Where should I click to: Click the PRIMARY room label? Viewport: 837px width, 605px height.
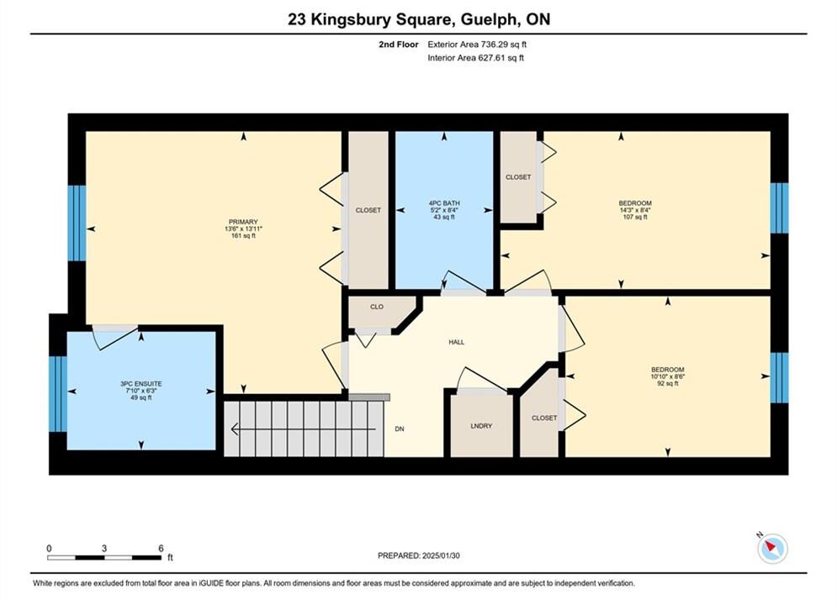point(243,222)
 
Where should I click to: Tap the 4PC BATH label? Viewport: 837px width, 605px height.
point(444,203)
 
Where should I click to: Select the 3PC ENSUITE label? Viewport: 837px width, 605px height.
point(141,384)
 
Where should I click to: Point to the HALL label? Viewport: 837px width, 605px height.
point(457,342)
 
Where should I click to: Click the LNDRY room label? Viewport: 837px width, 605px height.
point(481,426)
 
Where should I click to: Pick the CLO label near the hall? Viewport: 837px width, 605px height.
point(377,307)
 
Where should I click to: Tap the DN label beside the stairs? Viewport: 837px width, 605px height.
point(400,429)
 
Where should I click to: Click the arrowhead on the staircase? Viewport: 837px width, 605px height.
point(235,429)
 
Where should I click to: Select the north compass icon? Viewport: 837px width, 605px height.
point(772,547)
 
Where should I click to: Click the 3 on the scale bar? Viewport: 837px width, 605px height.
point(104,549)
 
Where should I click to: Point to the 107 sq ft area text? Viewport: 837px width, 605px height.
point(635,217)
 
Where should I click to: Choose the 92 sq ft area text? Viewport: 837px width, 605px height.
point(667,383)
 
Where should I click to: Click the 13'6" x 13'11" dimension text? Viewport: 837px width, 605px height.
point(243,229)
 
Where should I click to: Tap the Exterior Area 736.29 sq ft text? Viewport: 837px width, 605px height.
point(477,45)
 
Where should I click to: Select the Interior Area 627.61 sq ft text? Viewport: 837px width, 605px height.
point(475,58)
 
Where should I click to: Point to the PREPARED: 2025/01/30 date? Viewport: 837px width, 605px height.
point(419,555)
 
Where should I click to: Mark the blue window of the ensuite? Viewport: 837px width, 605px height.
point(58,393)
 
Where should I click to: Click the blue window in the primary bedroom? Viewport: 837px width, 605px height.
point(77,223)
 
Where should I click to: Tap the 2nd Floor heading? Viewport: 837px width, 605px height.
point(399,45)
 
